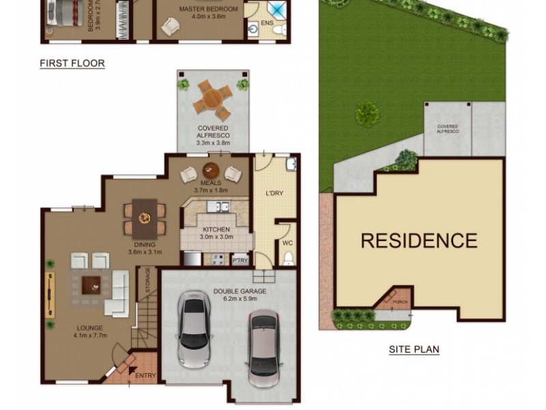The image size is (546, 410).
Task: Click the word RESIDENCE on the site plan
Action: point(418,241)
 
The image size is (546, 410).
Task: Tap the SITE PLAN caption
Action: point(414,349)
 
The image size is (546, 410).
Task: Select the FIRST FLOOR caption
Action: point(72,64)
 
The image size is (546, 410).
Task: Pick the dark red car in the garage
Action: point(263,344)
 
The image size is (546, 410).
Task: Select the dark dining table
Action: point(144,217)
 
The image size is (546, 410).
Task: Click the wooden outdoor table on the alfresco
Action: point(212,97)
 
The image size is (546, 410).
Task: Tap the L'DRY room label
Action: point(274,193)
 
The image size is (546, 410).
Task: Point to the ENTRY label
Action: point(145,375)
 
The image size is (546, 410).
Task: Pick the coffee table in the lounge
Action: point(91,282)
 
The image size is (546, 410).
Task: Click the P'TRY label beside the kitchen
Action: point(240,260)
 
